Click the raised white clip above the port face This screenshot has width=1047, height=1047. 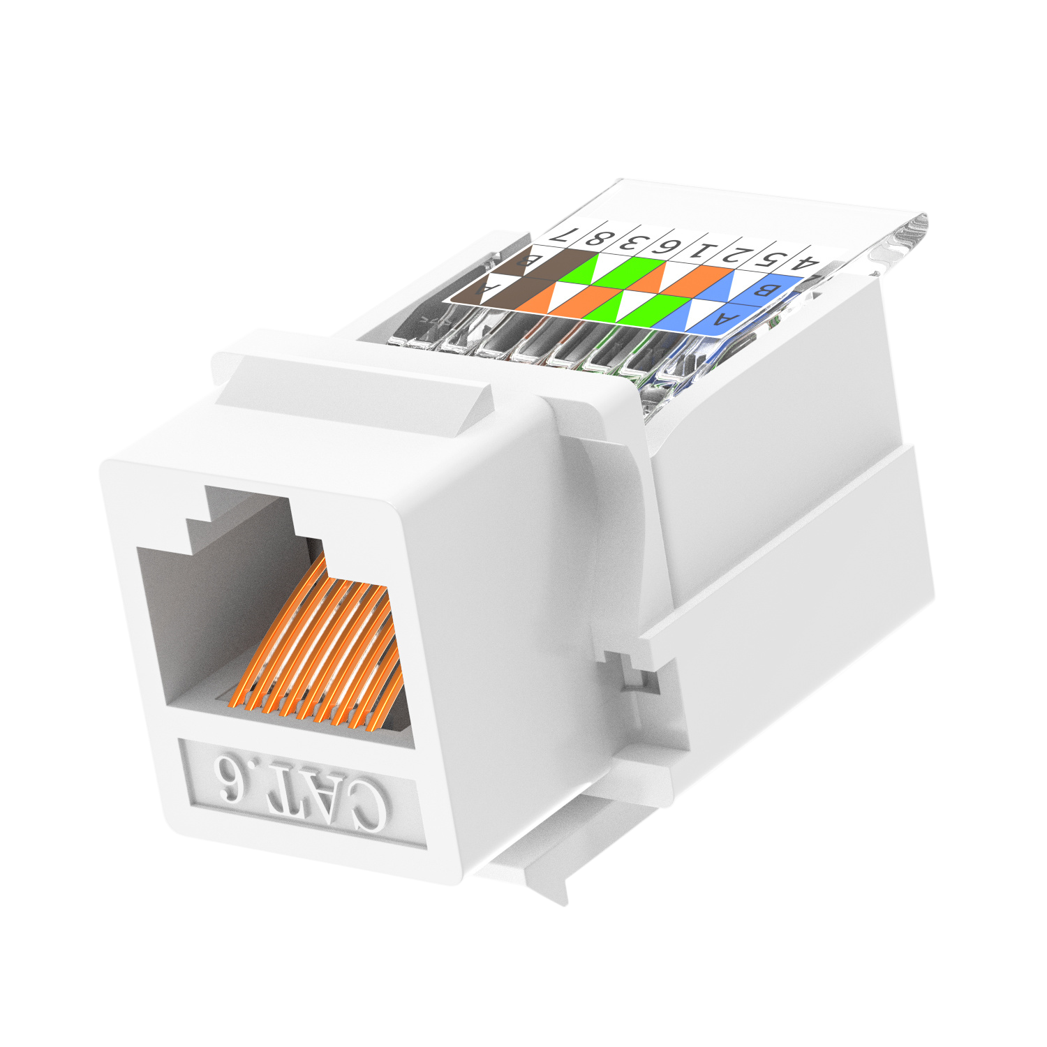click(x=349, y=391)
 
